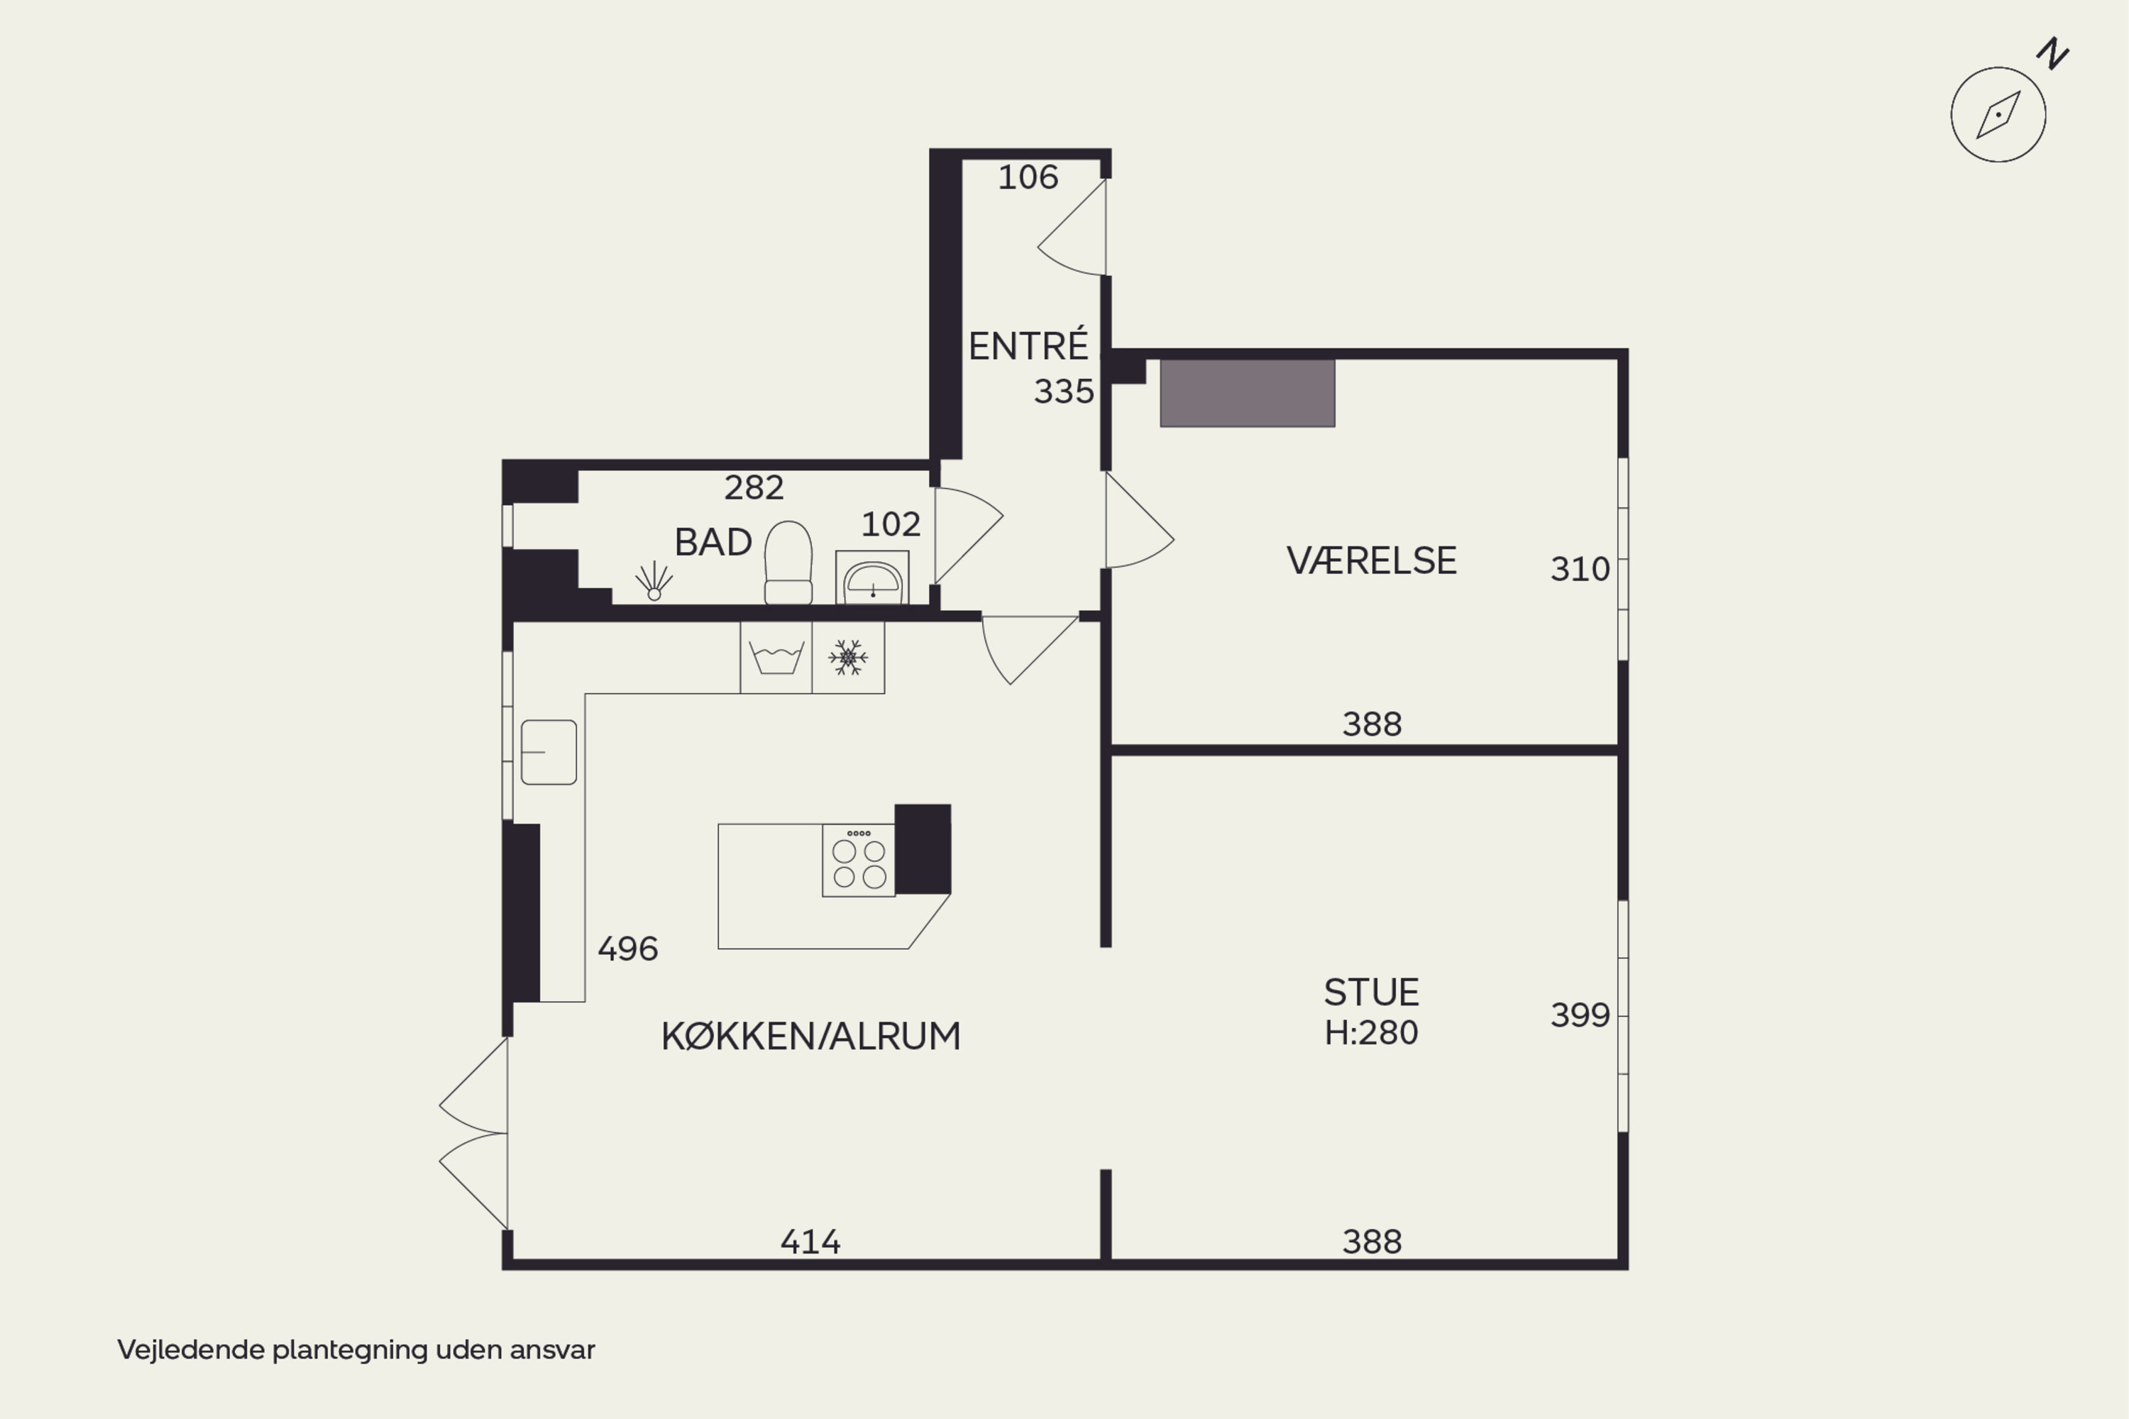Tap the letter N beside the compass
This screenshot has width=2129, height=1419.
coord(2053,55)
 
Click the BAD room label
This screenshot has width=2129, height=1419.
coord(713,543)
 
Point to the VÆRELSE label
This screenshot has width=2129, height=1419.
coord(1371,561)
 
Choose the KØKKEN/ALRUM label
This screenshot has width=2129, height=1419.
coord(811,1036)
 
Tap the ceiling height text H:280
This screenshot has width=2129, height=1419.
coord(1371,1032)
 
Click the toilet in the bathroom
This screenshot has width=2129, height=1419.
coord(788,562)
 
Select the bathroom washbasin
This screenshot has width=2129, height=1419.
coord(873,578)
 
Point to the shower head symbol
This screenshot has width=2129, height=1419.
coord(654,581)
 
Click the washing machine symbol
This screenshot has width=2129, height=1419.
coord(776,658)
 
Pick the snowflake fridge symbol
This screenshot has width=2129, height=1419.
coord(848,658)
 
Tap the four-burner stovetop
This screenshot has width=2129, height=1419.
coord(859,861)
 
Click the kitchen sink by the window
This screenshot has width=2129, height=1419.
coord(549,752)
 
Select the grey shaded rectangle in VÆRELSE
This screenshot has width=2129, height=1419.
coord(1248,393)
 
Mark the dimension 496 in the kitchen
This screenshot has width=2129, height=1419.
coord(627,949)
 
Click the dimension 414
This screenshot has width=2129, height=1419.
coord(810,1242)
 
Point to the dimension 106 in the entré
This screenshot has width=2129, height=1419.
coord(1028,177)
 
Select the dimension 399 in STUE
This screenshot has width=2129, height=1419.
coord(1580,1015)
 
